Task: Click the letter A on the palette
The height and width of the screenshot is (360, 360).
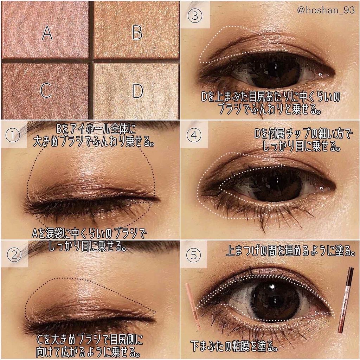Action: [x=47, y=33]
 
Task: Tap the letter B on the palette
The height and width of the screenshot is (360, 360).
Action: [x=137, y=32]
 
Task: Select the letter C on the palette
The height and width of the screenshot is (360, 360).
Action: [x=46, y=90]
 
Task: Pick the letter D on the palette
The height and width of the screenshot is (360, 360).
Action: [x=138, y=91]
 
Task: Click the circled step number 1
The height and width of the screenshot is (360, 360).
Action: [x=13, y=135]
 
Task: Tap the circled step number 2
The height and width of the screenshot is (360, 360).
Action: [x=14, y=255]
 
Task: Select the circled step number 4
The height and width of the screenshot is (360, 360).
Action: [x=194, y=135]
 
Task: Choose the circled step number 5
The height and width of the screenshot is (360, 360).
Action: [x=194, y=255]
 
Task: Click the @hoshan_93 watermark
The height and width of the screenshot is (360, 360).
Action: [x=326, y=10]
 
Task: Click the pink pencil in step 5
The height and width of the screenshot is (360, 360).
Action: [x=193, y=306]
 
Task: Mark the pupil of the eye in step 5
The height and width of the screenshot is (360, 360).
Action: [x=274, y=301]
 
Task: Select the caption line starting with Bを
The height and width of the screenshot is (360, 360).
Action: [x=96, y=129]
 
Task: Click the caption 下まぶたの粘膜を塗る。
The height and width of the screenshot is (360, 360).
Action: [x=234, y=346]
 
